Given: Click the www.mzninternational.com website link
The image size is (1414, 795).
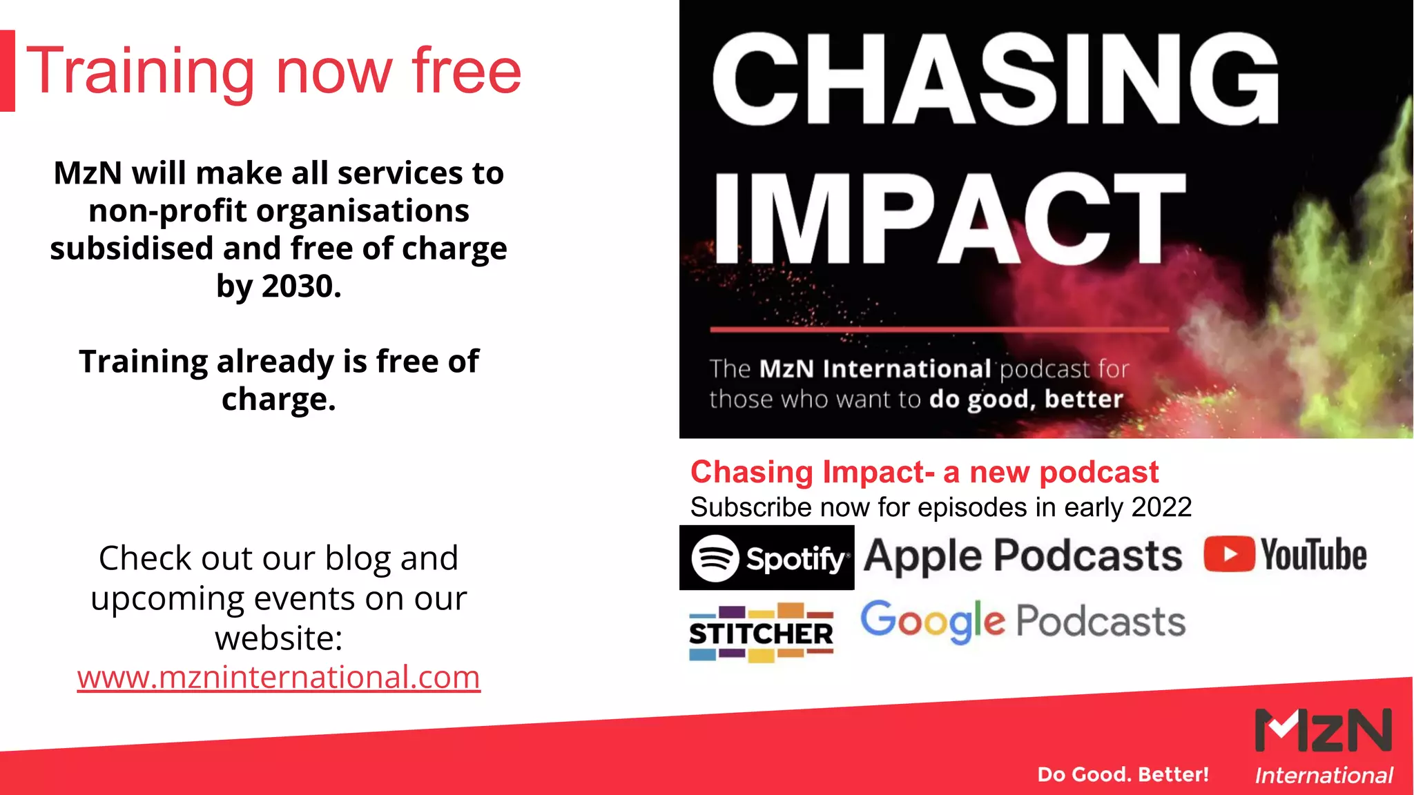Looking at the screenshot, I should [x=278, y=677].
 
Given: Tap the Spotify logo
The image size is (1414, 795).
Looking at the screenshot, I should [x=766, y=558].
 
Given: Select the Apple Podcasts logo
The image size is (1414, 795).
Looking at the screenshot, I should [x=1023, y=556].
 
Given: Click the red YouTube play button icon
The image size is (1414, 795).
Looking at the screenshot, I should [x=1229, y=554].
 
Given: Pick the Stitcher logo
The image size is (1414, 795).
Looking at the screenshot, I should [x=761, y=633].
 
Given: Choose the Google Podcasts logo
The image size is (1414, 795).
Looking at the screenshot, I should [x=1023, y=621].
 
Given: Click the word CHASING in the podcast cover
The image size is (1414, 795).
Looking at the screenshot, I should [x=995, y=80].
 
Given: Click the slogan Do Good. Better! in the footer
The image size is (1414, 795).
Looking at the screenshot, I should [x=1123, y=774].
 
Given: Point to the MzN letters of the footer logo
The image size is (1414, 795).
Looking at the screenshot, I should [x=1323, y=730].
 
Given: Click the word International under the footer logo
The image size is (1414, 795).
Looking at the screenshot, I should [x=1324, y=776].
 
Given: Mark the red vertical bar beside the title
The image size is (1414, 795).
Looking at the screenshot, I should [x=7, y=70].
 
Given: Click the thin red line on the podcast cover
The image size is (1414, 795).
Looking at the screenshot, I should [x=939, y=330].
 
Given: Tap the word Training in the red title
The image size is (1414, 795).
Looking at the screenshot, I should [x=140, y=72].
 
